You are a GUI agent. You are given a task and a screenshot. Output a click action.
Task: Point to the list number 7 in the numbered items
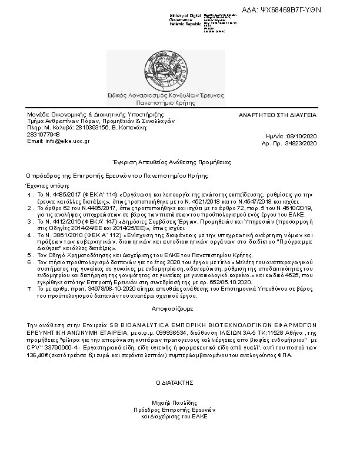[29, 289]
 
